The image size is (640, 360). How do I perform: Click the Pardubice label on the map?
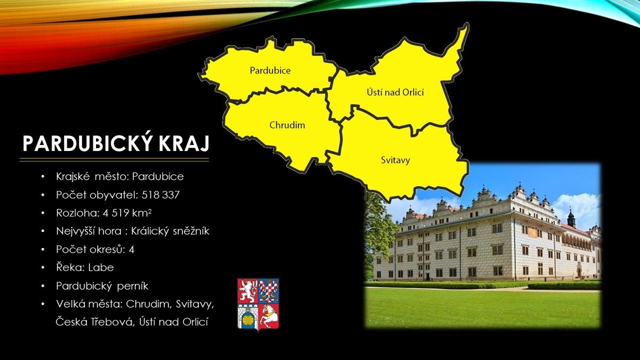(270, 70)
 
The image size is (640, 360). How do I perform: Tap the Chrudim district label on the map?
(287, 125)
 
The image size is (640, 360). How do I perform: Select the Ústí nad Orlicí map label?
(395, 92)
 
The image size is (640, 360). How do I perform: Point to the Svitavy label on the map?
(395, 160)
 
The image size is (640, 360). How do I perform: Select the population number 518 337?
(161, 195)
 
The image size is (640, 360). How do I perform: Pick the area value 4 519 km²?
(127, 213)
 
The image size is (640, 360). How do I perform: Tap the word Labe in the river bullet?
(101, 267)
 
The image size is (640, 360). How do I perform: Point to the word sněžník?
(191, 231)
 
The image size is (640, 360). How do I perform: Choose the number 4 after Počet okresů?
(131, 250)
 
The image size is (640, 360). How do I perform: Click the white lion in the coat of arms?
(247, 291)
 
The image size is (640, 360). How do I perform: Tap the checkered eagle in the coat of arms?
(269, 291)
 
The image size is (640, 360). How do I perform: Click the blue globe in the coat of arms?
(247, 319)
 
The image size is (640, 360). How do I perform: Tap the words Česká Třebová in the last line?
(94, 322)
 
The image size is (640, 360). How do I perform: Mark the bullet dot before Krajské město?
(43, 177)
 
